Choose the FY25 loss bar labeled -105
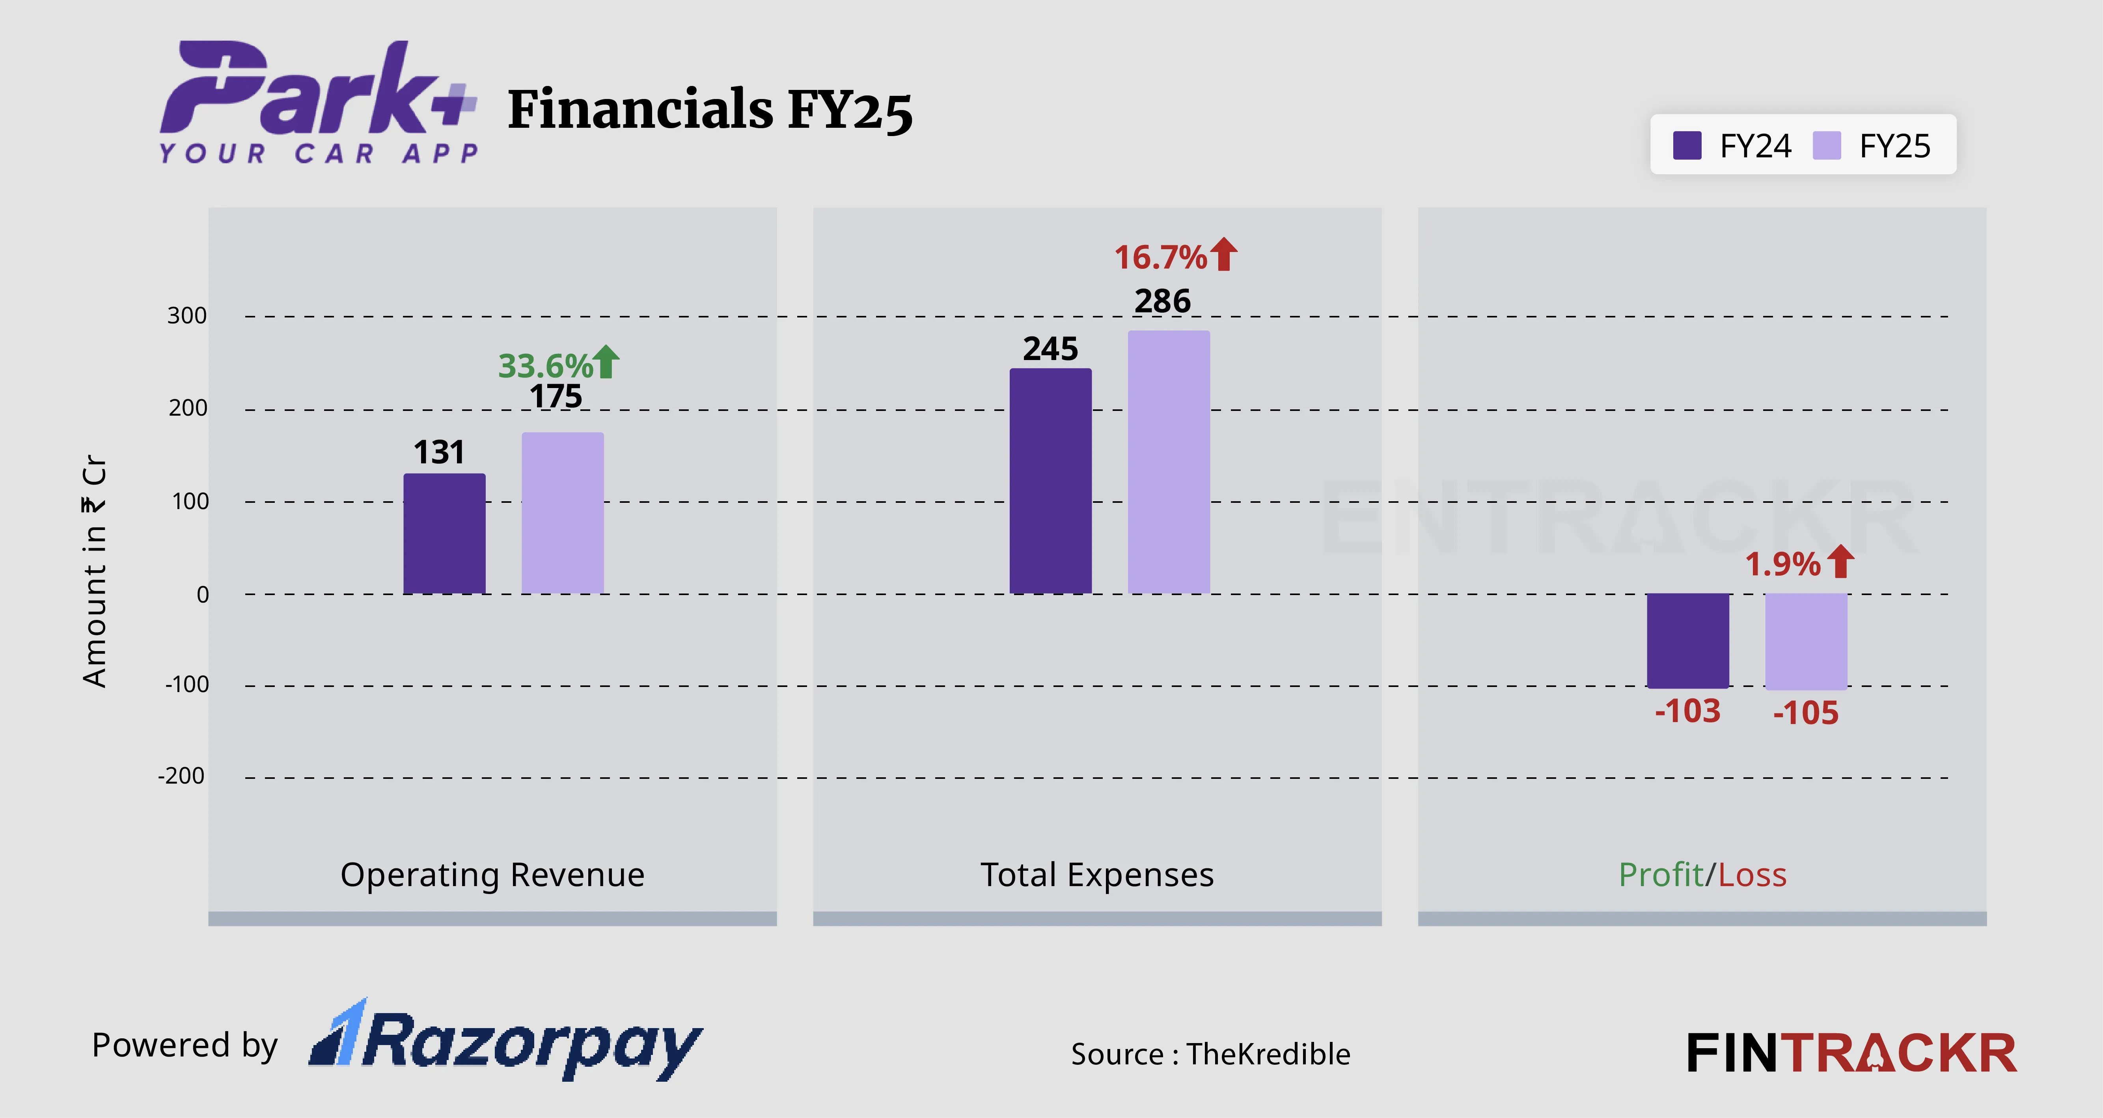[x=1806, y=641]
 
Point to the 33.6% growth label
[x=545, y=366]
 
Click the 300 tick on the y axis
[x=187, y=316]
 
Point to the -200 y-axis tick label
[x=181, y=776]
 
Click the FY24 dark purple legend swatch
[x=1687, y=146]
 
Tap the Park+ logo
[x=319, y=102]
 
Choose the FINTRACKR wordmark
[x=1851, y=1053]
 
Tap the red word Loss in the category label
[x=1752, y=875]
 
